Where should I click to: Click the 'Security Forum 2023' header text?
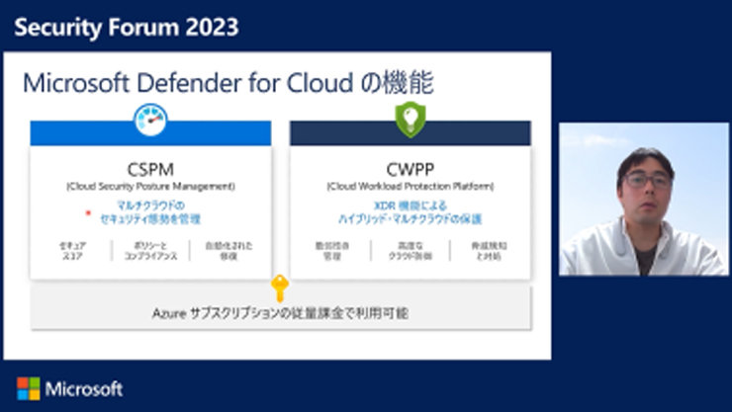pos(127,27)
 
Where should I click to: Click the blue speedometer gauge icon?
pos(151,121)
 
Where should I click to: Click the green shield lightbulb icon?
pos(410,120)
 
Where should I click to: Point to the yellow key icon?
pos(280,288)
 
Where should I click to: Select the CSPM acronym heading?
pos(150,169)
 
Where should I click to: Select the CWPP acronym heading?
pos(410,169)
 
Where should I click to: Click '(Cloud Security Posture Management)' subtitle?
pos(150,186)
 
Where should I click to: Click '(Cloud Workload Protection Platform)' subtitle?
pos(410,186)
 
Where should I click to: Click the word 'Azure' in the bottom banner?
pos(168,313)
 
